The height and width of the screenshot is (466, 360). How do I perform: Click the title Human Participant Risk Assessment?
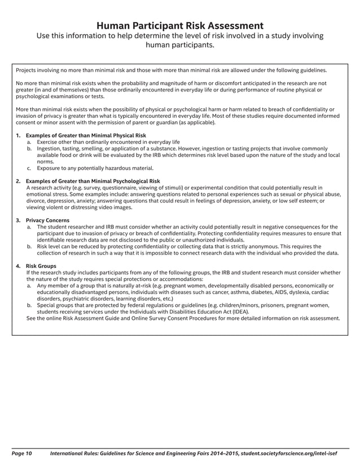pyautogui.click(x=179, y=25)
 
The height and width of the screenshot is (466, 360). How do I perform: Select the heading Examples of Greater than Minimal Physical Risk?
pyautogui.click(x=86, y=136)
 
